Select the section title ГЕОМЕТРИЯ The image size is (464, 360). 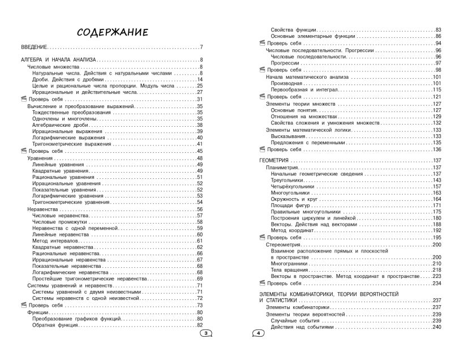[274, 161]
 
